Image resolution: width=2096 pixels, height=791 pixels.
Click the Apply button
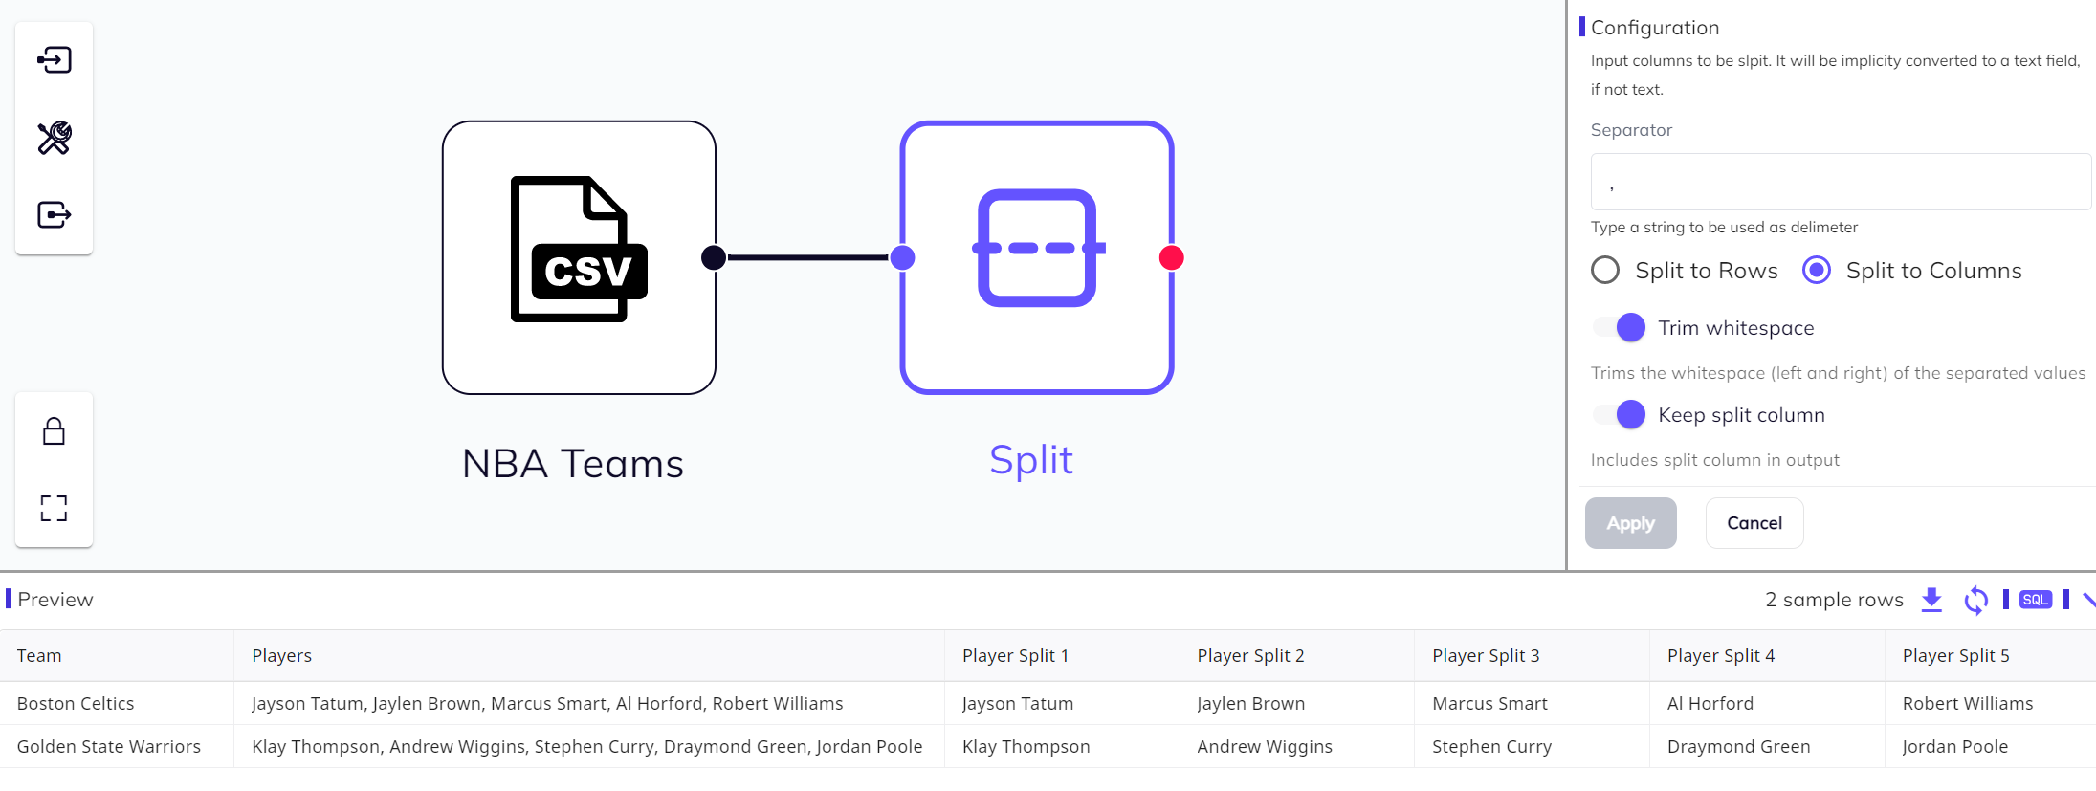pos(1630,523)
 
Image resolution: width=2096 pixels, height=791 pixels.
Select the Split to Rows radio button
pos(1605,271)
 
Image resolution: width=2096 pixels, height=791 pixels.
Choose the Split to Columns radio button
pos(1817,271)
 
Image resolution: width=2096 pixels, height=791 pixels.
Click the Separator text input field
pos(1840,182)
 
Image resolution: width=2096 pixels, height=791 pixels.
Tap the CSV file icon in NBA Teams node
pos(578,250)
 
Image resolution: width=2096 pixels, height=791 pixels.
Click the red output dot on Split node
pos(1171,257)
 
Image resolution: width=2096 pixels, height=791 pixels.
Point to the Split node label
pos(1030,460)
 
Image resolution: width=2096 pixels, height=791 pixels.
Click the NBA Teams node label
pos(572,464)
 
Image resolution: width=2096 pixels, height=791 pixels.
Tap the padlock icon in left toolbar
pos(55,431)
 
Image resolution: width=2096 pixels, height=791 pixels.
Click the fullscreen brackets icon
pos(55,508)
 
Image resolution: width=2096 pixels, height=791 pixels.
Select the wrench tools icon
pos(55,138)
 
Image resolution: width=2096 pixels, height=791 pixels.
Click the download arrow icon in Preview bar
pos(1931,600)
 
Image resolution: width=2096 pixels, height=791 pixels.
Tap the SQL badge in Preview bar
pos(2035,600)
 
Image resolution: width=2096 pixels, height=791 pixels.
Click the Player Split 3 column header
pos(1486,655)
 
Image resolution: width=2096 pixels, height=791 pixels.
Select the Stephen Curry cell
pos(1491,746)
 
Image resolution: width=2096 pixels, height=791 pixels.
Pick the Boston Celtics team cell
pos(76,703)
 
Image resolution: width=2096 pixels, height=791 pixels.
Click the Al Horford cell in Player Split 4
pos(1710,703)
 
